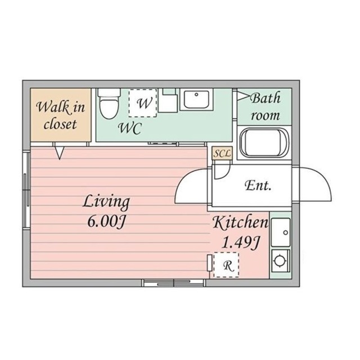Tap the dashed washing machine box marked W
[x=142, y=103]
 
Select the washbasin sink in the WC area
[x=196, y=99]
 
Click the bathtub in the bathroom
[x=264, y=143]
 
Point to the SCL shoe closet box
[x=222, y=154]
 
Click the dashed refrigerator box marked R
[x=226, y=265]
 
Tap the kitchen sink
[x=281, y=232]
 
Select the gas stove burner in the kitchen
[x=281, y=261]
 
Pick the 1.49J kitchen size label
[x=240, y=242]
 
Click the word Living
[x=106, y=202]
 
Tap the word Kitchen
[x=240, y=222]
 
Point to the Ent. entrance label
[x=258, y=186]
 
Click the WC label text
[x=130, y=128]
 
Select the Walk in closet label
[x=60, y=115]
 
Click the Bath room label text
[x=265, y=106]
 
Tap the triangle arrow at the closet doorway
[x=60, y=152]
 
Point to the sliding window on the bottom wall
[x=174, y=283]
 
